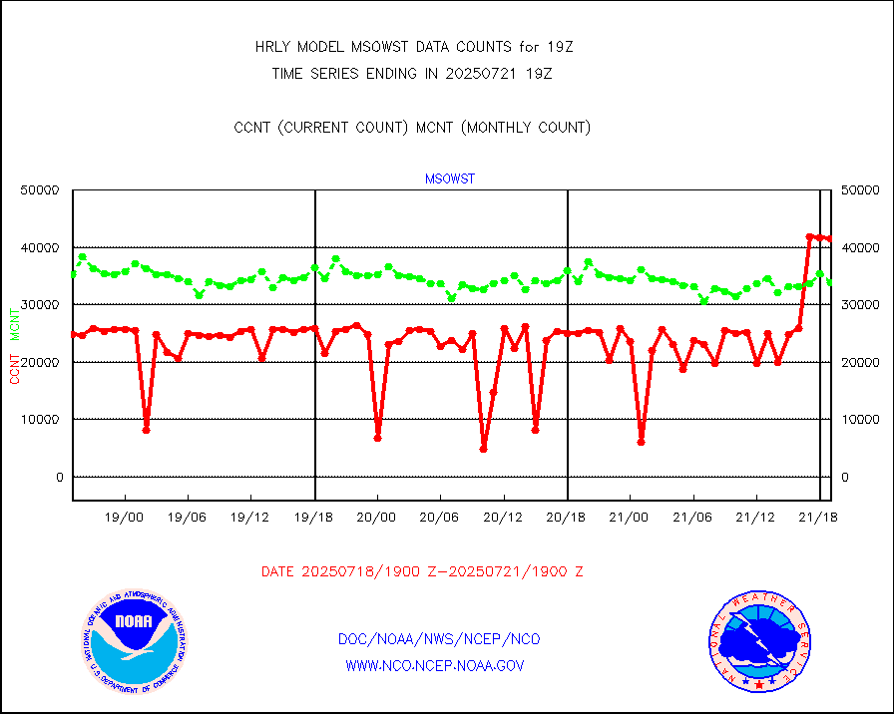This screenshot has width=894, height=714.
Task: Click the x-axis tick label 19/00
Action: point(125,518)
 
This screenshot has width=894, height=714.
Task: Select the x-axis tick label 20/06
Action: point(440,518)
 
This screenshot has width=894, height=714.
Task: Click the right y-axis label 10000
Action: point(859,420)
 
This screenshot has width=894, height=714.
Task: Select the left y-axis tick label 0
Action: point(59,477)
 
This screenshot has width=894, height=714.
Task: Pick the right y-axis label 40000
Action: point(859,247)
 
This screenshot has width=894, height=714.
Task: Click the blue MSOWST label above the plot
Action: point(450,179)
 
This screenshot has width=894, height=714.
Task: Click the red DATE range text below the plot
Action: point(422,572)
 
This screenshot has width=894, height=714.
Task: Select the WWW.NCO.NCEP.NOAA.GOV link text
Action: point(435,665)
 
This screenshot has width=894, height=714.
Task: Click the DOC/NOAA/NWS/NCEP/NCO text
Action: point(440,639)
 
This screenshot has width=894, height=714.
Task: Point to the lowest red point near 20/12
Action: point(483,449)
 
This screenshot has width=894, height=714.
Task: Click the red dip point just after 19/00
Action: point(146,430)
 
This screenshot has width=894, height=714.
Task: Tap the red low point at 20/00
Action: point(377,438)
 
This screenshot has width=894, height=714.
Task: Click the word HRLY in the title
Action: point(273,47)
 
